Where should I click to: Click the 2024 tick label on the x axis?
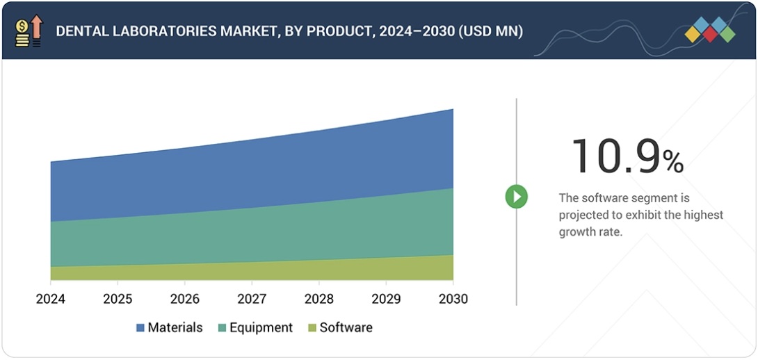(51, 299)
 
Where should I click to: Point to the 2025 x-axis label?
(118, 299)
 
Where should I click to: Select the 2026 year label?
(184, 299)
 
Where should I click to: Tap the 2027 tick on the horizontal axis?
(252, 299)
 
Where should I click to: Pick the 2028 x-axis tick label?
(318, 299)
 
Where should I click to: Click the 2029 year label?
(386, 299)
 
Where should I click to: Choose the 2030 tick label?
(453, 299)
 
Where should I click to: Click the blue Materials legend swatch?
(140, 328)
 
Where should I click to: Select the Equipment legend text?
(261, 328)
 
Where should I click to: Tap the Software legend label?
(346, 328)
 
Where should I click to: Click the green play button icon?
(516, 197)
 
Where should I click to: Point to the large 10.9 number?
(615, 156)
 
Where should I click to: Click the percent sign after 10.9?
(673, 163)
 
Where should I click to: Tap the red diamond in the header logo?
(709, 35)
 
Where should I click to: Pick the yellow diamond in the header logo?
(693, 35)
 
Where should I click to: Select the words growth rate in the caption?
(590, 231)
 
